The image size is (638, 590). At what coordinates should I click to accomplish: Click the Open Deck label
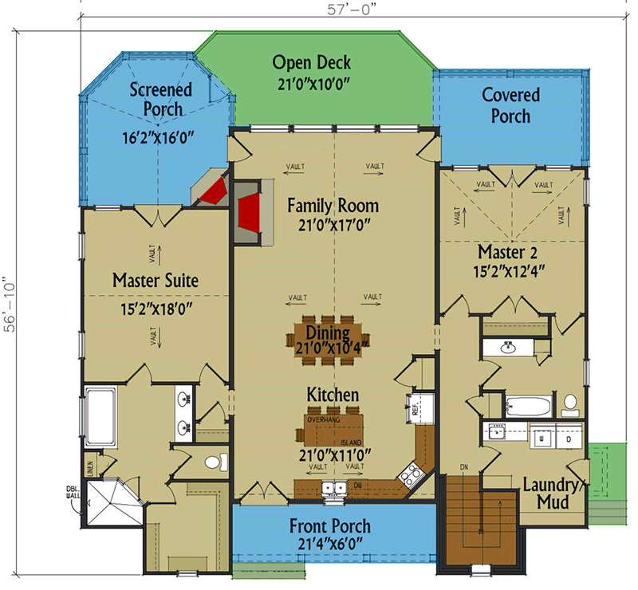pos(312,62)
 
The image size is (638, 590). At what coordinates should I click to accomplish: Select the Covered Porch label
pos(510,105)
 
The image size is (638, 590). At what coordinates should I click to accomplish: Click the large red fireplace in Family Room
pos(250,209)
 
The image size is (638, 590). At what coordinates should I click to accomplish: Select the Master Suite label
pos(155,280)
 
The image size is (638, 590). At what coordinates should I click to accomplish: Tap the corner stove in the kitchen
pos(411,474)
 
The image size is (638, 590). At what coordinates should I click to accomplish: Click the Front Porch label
pos(329,526)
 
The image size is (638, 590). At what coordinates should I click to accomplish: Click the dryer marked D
pos(569,438)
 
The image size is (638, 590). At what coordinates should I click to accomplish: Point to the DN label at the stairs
pos(464,466)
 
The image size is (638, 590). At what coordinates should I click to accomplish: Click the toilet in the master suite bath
pos(213,461)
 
